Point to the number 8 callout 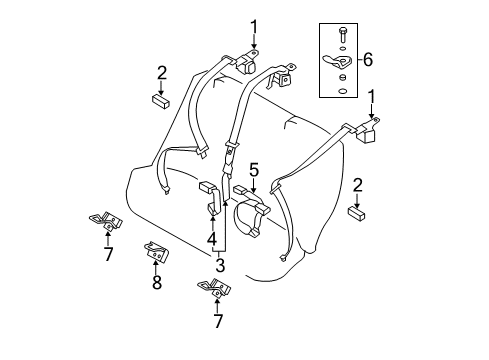coord(155,284)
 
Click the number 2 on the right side coord(357,184)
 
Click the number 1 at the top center coord(254,25)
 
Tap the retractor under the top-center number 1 coord(250,63)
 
